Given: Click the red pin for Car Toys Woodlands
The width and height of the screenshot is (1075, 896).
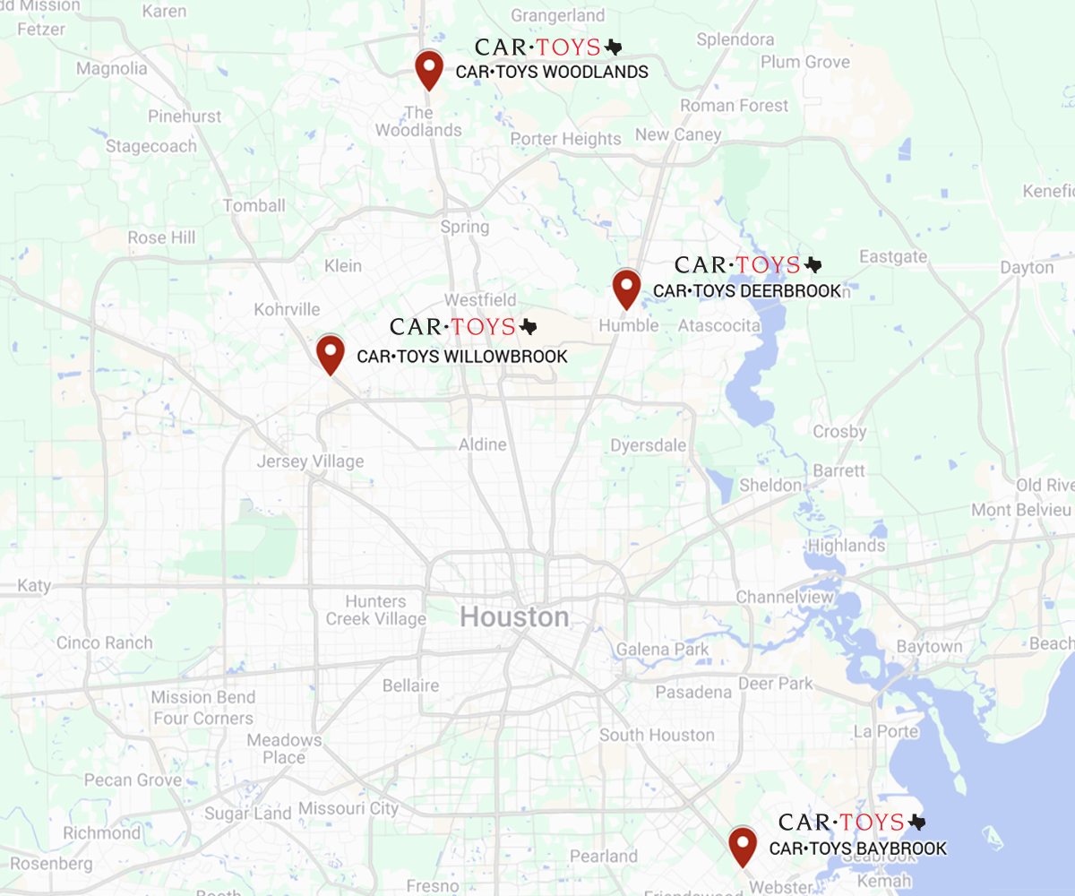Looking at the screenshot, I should (430, 68).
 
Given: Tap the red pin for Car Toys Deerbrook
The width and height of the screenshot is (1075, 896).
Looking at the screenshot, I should (626, 288).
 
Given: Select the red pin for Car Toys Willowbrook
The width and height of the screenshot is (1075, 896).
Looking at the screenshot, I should (331, 352).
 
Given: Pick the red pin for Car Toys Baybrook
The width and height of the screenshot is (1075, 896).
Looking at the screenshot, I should (742, 845).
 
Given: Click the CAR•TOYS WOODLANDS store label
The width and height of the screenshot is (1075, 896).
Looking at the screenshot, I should (552, 72).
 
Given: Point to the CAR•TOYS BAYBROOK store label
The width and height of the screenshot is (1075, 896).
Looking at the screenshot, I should (857, 849).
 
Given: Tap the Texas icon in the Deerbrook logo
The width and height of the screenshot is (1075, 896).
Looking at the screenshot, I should (813, 265).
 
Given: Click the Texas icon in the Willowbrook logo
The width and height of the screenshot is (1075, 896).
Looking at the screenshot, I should (529, 327).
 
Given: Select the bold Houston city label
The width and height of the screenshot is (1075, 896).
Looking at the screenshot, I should (514, 617).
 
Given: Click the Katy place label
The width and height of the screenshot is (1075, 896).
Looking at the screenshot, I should (34, 585).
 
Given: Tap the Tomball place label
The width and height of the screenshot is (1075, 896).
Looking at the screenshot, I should (254, 205).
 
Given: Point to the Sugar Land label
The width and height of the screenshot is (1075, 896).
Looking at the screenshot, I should (248, 814).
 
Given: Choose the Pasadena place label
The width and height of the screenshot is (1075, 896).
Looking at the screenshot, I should (693, 693).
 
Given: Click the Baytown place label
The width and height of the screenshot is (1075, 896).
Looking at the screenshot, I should (929, 647).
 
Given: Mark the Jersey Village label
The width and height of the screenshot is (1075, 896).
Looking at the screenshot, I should (310, 461).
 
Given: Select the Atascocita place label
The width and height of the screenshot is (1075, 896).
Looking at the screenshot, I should (719, 325).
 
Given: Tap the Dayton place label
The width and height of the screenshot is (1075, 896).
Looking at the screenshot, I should (1027, 268).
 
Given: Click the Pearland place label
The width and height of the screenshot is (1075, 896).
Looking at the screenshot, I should (604, 856).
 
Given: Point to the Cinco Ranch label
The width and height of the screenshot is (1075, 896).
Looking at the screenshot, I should (104, 642).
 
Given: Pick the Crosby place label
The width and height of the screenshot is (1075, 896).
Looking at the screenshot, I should (839, 431).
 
